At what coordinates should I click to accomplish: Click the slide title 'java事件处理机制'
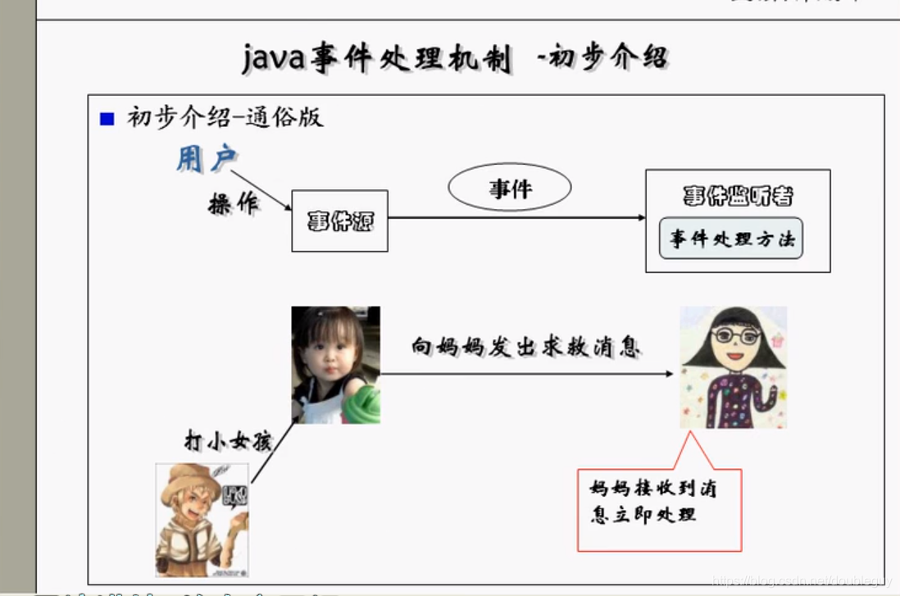(378, 59)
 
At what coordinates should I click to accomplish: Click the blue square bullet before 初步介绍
(107, 119)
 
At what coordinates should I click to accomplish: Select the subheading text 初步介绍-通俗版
(225, 117)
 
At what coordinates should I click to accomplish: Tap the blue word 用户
(206, 159)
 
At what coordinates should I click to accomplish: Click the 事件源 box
(339, 221)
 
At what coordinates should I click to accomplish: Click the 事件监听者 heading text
(738, 196)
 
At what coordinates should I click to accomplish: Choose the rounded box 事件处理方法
(731, 239)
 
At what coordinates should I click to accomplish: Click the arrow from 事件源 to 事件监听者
(516, 217)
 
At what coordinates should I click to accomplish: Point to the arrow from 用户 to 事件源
(261, 190)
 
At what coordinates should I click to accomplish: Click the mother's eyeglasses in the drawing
(735, 335)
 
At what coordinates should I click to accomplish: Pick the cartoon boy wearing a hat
(202, 521)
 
